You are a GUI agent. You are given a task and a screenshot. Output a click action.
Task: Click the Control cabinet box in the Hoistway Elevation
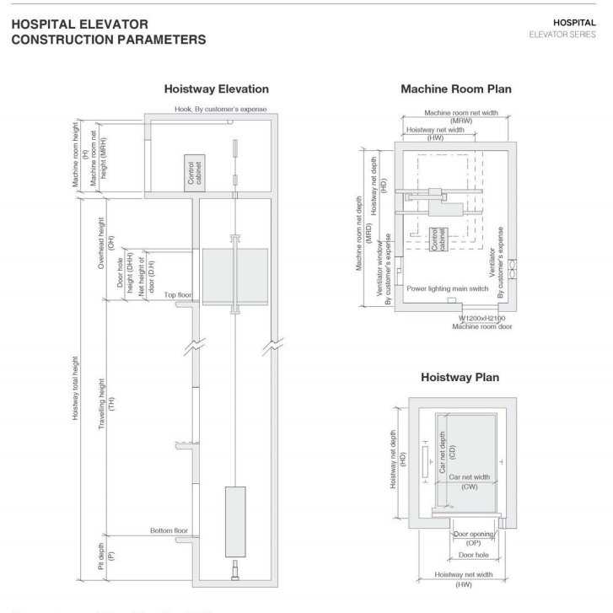point(193,174)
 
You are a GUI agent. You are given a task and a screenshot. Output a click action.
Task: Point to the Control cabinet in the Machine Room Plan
point(439,239)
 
